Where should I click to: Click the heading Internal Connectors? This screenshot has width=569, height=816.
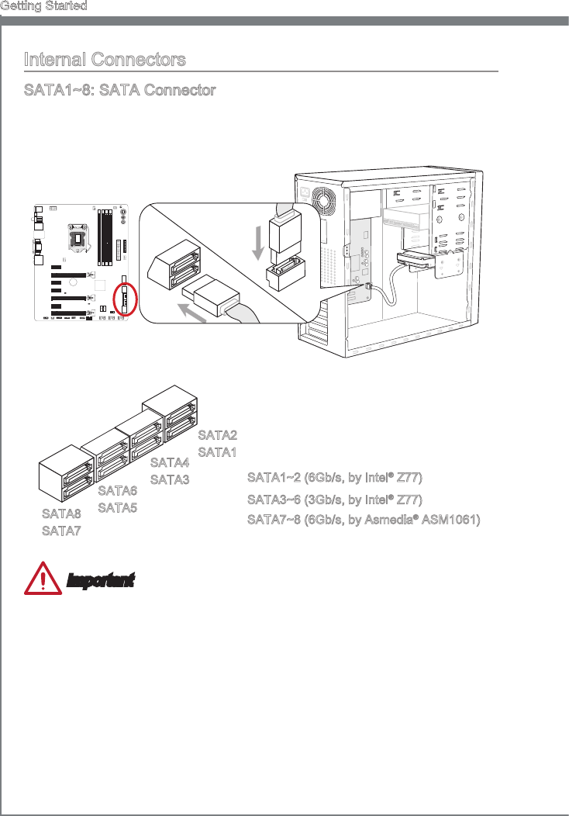(x=105, y=60)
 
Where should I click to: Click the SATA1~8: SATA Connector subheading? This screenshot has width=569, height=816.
(x=119, y=91)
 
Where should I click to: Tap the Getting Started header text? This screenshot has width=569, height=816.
(x=43, y=6)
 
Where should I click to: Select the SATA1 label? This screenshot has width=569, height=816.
(x=217, y=451)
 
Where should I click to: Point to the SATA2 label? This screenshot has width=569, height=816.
(x=217, y=434)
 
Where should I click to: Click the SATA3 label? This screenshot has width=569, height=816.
(x=169, y=479)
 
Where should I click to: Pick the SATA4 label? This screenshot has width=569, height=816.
(x=169, y=463)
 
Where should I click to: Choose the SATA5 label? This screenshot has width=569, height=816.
(x=118, y=507)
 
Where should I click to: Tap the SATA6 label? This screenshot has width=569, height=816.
(x=118, y=491)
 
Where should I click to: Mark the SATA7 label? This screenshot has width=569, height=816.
(x=61, y=531)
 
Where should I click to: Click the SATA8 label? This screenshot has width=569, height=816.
(x=61, y=513)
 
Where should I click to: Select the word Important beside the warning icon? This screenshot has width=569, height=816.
(x=101, y=580)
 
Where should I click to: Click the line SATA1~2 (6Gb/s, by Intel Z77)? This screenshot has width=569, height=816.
(x=335, y=477)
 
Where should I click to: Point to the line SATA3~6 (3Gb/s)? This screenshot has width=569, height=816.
(x=335, y=500)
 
